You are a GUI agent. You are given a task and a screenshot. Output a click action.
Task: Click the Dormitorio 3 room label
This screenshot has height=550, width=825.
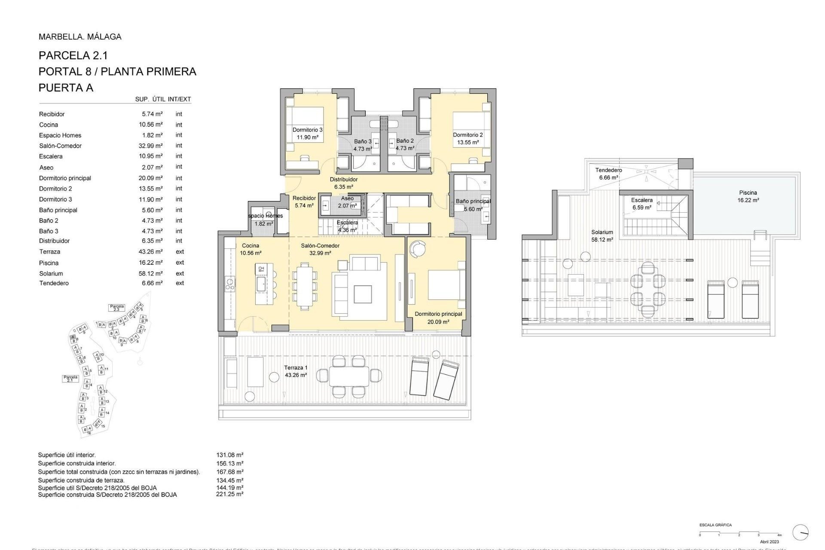pyautogui.click(x=307, y=130)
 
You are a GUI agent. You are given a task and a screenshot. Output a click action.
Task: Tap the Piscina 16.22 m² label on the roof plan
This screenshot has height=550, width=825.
pyautogui.click(x=748, y=196)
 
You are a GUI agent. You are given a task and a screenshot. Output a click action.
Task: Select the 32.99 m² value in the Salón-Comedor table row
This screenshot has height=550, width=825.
pyautogui.click(x=150, y=146)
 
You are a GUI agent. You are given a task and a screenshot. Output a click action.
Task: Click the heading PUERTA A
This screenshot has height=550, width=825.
pyautogui.click(x=66, y=88)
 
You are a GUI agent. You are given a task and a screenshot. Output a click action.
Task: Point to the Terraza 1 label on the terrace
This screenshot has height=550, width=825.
pyautogui.click(x=296, y=368)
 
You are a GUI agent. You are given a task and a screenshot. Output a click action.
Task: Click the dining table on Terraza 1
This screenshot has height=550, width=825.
pyautogui.click(x=349, y=376)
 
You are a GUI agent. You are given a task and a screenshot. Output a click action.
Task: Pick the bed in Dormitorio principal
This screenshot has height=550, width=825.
pyautogui.click(x=446, y=284)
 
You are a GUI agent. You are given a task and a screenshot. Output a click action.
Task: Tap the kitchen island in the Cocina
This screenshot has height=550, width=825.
pyautogui.click(x=264, y=284)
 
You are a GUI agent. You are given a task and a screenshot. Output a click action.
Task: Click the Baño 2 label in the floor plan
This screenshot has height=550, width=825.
pyautogui.click(x=405, y=141)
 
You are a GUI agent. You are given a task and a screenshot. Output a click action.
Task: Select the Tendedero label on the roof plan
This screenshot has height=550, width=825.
pyautogui.click(x=608, y=170)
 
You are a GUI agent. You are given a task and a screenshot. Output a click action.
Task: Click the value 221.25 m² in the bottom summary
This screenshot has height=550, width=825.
pyautogui.click(x=229, y=495)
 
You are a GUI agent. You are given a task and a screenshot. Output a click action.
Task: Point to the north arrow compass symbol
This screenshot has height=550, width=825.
pyautogui.click(x=800, y=532)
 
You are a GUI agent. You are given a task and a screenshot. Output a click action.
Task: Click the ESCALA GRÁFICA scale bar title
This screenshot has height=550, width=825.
pyautogui.click(x=715, y=525)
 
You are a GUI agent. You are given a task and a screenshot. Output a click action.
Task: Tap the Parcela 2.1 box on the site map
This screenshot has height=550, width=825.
pyautogui.click(x=70, y=379)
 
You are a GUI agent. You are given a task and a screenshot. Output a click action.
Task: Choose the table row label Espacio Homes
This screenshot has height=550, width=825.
pyautogui.click(x=60, y=135)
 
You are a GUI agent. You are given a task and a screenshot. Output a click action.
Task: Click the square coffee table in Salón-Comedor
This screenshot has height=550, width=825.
pyautogui.click(x=363, y=294)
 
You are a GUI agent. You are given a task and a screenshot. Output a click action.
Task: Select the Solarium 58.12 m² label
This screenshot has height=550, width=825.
pyautogui.click(x=602, y=236)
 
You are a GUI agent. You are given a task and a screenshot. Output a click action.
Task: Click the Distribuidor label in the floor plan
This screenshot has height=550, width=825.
pyautogui.click(x=343, y=180)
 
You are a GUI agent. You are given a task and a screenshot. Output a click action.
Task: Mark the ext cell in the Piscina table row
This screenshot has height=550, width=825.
pyautogui.click(x=180, y=263)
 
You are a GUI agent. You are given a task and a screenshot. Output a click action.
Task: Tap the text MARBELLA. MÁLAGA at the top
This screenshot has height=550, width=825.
pyautogui.click(x=80, y=37)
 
